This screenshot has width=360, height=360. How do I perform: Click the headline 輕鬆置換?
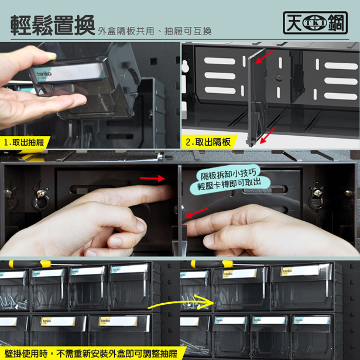click(x=52, y=25)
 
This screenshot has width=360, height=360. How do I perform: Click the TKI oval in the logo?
click(x=315, y=23)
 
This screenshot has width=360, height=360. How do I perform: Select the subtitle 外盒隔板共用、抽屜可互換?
click(x=155, y=31)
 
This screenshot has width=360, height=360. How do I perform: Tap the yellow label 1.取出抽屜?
click(x=24, y=142)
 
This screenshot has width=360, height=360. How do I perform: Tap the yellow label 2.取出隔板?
click(x=208, y=142)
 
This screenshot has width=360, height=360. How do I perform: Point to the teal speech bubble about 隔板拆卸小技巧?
click(x=229, y=179)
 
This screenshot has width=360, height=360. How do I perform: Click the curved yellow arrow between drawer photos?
click(x=181, y=301)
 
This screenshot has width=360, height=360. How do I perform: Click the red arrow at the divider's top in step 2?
click(x=264, y=57)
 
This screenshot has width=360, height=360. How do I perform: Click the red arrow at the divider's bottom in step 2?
click(x=268, y=135)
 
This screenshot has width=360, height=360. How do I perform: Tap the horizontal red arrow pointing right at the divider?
click(x=152, y=178)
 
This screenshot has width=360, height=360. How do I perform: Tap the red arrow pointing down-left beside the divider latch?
click(x=196, y=213)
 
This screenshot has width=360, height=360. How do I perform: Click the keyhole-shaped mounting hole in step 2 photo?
click(x=186, y=66)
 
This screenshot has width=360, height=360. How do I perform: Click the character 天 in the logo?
click(x=294, y=23)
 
